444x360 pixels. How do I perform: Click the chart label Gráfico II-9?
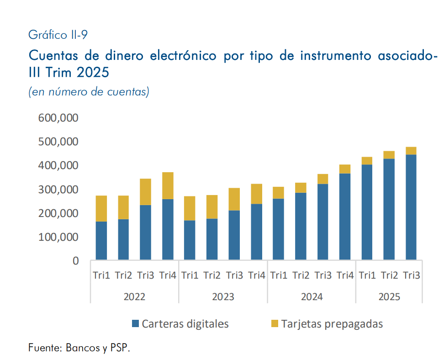point(58,34)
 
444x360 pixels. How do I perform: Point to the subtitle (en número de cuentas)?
point(89,92)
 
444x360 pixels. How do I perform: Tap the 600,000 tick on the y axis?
point(58,118)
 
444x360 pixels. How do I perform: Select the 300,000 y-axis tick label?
point(58,190)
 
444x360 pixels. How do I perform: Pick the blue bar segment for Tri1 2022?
point(101,240)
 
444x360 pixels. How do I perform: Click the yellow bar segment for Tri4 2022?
point(168,185)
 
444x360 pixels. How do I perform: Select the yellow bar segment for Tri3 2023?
point(234,199)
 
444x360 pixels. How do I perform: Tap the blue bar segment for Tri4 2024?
point(345,217)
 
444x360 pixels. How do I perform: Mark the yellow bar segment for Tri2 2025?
point(389,155)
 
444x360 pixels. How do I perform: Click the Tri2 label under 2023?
point(212,275)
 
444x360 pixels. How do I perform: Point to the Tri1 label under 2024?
point(278,275)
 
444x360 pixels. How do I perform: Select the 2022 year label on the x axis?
point(134,296)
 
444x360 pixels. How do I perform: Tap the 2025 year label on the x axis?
point(389,296)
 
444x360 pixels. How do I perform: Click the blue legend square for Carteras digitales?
point(135,324)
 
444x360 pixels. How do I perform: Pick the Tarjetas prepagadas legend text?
point(332,324)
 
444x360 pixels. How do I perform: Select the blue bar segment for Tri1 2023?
point(190,240)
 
